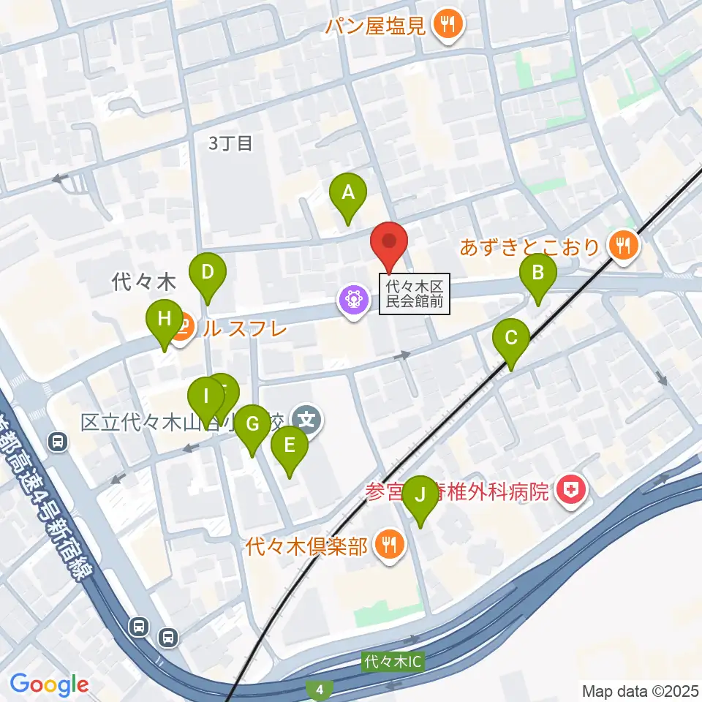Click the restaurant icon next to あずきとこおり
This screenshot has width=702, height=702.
tap(623, 246)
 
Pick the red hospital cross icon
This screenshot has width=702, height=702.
tap(570, 491)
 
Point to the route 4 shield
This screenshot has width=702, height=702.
tap(319, 689)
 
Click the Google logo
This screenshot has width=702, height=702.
tap(50, 684)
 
